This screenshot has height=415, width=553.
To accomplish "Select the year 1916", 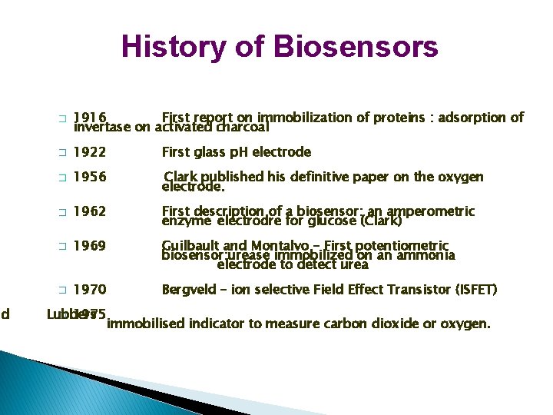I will [90, 118].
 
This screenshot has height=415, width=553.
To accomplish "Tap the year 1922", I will [90, 152].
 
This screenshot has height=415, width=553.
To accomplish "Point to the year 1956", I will [90, 178].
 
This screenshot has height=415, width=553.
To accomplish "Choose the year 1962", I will [90, 211].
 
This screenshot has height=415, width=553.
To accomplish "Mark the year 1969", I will [90, 246].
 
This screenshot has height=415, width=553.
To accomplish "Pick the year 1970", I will [90, 290].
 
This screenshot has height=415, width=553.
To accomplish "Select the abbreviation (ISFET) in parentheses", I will [476, 290].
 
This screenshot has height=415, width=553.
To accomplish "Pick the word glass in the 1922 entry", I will [208, 152].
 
